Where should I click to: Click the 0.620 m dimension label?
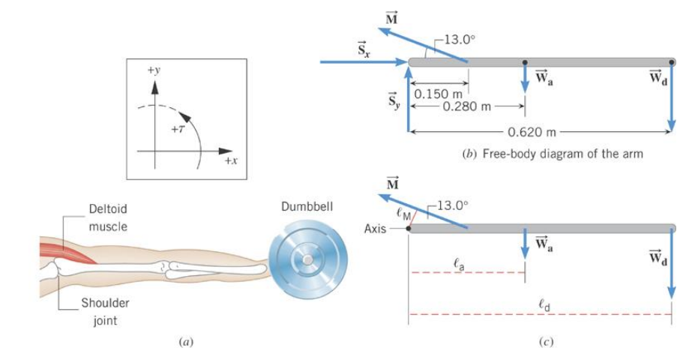tap(532, 133)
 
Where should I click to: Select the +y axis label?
tap(154, 70)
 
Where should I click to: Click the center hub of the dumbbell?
tap(307, 258)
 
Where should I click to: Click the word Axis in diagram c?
tap(375, 229)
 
